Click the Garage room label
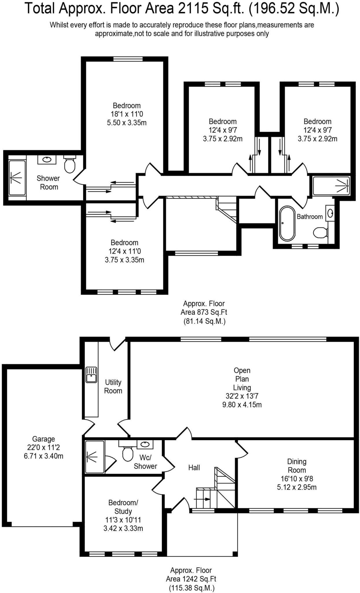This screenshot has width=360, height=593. point(43,439)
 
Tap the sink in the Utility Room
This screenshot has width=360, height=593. point(91,375)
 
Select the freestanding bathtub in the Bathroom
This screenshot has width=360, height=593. point(287,223)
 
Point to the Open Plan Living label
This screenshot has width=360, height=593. point(242,379)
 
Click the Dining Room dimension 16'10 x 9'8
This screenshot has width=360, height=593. point(297,479)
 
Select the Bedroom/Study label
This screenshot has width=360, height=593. point(123,507)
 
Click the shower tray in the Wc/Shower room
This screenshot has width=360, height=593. point(95,457)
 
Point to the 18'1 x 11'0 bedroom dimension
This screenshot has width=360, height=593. point(127,114)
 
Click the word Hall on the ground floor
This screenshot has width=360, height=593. point(194,467)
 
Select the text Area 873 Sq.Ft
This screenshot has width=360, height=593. point(204,312)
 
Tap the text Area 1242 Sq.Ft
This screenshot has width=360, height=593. point(191,579)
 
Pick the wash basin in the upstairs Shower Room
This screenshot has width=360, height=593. point(47,159)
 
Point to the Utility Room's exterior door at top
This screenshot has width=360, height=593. point(117,343)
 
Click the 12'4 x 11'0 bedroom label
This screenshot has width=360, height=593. point(125,251)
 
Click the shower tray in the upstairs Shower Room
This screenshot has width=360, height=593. point(17,177)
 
